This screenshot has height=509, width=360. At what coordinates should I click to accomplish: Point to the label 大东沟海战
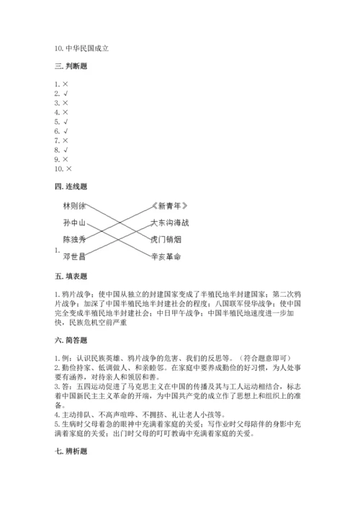click(171, 222)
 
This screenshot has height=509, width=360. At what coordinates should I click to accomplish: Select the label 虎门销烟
click(167, 239)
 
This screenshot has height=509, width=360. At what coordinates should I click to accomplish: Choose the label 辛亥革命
click(167, 256)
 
